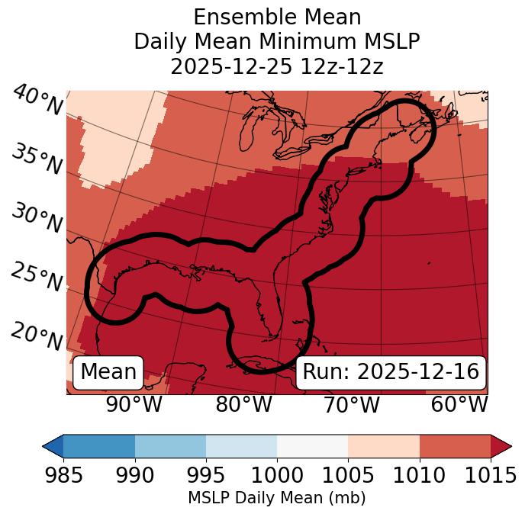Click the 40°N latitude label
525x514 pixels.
37,101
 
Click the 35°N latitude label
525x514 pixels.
37,159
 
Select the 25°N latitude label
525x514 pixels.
37,278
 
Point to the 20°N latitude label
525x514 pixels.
37,336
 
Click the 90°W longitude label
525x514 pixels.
134,404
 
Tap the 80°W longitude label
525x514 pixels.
243,404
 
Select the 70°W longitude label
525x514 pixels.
351,404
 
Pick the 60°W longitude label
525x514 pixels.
459,404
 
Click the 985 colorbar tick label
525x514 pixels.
63,475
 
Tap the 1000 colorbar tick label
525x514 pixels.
277,475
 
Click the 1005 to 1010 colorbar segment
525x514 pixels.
384,445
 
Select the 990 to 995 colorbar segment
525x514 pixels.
170,445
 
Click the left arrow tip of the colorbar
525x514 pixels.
45,445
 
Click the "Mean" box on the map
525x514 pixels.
108,372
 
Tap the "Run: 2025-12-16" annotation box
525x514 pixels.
391,372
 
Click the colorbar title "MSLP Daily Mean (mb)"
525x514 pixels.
277,498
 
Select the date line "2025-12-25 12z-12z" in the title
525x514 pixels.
277,66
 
